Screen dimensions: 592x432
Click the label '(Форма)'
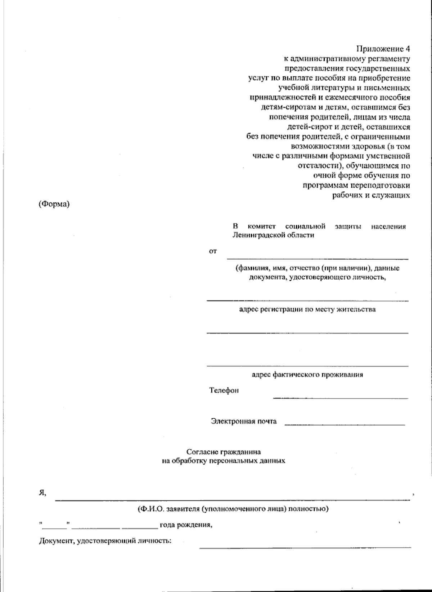point(54,204)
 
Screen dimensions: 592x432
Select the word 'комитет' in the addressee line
point(262,226)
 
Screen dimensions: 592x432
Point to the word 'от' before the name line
point(213,252)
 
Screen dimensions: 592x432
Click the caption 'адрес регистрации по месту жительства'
point(307,309)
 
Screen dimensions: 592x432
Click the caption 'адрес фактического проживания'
point(307,374)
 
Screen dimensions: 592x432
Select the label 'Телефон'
point(224,390)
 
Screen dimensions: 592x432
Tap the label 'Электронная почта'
point(244,421)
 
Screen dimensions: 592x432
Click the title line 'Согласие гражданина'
point(224,452)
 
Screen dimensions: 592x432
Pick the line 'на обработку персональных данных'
point(224,460)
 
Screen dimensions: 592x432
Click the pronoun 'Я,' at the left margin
point(42,493)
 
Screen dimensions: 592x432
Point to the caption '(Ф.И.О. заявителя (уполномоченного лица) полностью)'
point(233,509)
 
